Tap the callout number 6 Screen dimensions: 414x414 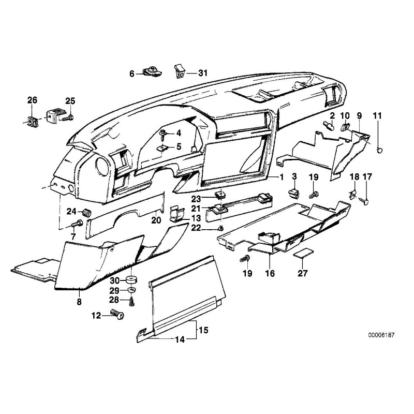point(132,74)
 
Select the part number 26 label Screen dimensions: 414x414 point(32,100)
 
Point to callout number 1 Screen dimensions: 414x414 point(282,177)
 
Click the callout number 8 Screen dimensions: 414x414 point(79,301)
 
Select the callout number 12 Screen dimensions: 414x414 point(96,315)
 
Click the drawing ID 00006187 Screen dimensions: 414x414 point(380,335)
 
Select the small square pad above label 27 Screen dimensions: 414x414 point(302,255)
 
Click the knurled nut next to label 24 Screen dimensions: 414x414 point(87,211)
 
